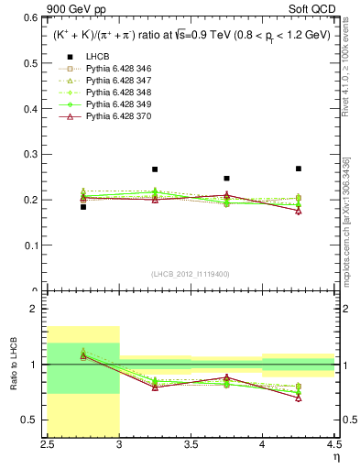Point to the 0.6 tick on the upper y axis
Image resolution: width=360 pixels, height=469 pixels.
pyautogui.click(x=34, y=17)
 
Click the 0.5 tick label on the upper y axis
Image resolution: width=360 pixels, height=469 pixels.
pyautogui.click(x=34, y=63)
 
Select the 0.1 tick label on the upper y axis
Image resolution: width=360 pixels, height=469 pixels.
pyautogui.click(x=34, y=245)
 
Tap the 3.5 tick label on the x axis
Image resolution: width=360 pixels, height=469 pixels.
pyautogui.click(x=191, y=446)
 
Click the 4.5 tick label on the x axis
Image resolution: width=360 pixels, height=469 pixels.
pyautogui.click(x=333, y=446)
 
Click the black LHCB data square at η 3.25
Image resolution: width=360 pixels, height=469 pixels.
pyautogui.click(x=155, y=169)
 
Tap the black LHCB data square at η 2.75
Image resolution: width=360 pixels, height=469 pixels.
pyautogui.click(x=83, y=207)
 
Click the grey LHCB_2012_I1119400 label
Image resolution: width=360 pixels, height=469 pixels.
pyautogui.click(x=191, y=274)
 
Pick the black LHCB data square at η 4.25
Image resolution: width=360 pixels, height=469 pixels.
pyautogui.click(x=298, y=169)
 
